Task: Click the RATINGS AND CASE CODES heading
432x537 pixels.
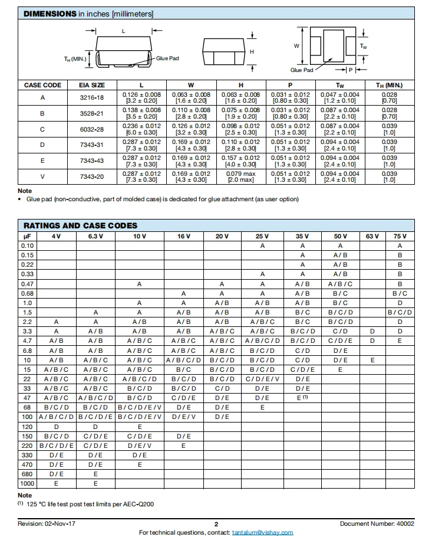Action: coord(80,225)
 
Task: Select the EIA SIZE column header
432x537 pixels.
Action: coord(92,86)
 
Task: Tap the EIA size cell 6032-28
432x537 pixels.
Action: coord(92,129)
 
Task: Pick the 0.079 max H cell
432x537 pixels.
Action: coord(240,173)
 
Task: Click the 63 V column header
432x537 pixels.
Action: coord(372,236)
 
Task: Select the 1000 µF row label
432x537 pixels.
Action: coord(28,483)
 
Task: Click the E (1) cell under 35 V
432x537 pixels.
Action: coord(302,398)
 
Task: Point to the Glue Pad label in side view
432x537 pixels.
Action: coord(167,58)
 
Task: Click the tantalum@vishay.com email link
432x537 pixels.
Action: coord(262,532)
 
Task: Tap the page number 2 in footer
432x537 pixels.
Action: coord(216,524)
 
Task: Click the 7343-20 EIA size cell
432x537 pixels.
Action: coord(92,176)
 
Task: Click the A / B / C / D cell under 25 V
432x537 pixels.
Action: coord(262,340)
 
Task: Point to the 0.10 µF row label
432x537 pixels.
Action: coord(28,245)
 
